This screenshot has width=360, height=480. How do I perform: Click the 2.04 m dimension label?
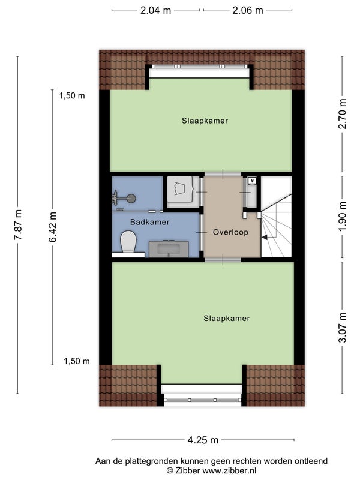click(155, 10)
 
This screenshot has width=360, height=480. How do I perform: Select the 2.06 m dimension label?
click(248, 10)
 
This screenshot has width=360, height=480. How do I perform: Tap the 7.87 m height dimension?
click(17, 224)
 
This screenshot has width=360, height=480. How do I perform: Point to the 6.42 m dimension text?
click(52, 227)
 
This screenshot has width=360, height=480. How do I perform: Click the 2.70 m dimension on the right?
click(343, 114)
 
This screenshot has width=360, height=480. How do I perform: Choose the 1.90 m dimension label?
click(343, 217)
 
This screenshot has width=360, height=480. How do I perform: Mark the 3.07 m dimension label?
click(343, 327)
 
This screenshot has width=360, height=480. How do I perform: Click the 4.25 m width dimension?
click(203, 440)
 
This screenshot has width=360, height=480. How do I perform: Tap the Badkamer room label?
click(149, 222)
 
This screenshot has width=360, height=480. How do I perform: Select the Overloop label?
click(230, 232)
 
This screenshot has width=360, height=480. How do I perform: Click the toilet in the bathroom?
click(128, 242)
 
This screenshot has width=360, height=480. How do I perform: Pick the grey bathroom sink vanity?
click(169, 249)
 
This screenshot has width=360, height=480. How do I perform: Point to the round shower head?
click(131, 199)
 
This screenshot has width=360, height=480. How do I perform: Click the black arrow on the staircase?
click(265, 236)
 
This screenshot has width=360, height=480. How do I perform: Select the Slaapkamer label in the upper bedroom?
click(205, 121)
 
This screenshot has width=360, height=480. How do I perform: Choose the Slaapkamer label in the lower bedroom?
click(227, 319)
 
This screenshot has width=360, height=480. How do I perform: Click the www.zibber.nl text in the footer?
click(229, 470)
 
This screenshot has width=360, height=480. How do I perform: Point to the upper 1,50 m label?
click(72, 96)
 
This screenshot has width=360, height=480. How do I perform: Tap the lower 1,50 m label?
click(77, 361)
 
